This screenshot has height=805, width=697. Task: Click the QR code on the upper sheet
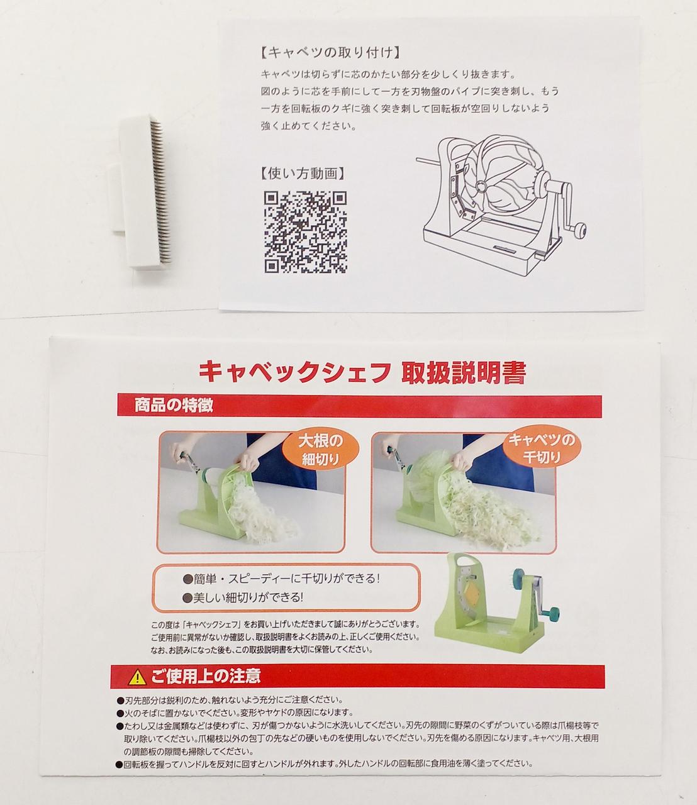pos(306,231)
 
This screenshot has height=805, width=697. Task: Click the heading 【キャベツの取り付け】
pos(330,53)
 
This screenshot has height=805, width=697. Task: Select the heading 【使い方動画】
pos(303,174)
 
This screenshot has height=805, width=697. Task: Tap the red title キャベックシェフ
pos(294,372)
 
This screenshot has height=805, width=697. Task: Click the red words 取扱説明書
pos(464,372)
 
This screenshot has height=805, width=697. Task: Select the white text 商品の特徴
pos(174,406)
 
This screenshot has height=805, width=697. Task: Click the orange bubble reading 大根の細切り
pos(321,450)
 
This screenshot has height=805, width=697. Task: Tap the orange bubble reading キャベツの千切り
pos(542,448)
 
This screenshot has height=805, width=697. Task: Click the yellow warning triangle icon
pos(137,677)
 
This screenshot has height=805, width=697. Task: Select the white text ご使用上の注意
pos(206,677)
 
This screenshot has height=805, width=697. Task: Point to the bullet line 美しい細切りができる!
pos(243,597)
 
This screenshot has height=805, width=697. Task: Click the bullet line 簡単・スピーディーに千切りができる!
pos(281,579)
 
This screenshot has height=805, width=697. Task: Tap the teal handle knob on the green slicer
pos(552,613)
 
